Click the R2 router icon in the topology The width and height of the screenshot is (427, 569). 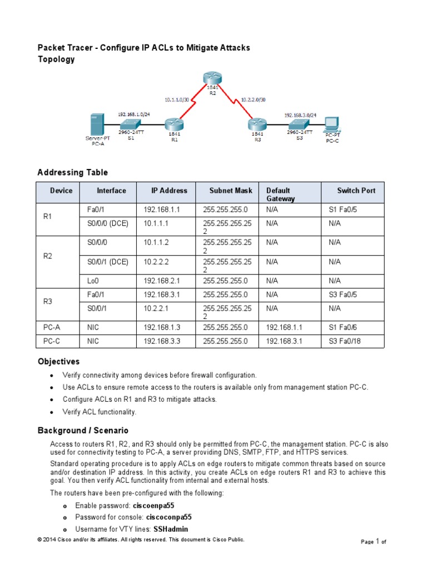pos(212,78)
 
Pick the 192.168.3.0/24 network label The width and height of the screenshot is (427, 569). pos(300,115)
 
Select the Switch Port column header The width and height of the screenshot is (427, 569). pos(356,191)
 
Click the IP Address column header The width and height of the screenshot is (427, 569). pos(169,191)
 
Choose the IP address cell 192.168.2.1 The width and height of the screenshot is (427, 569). pos(162,281)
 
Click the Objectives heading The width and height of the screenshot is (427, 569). pos(58,362)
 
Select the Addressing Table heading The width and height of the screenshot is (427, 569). pos(72,172)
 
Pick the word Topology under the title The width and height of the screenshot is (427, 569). pos(56,59)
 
